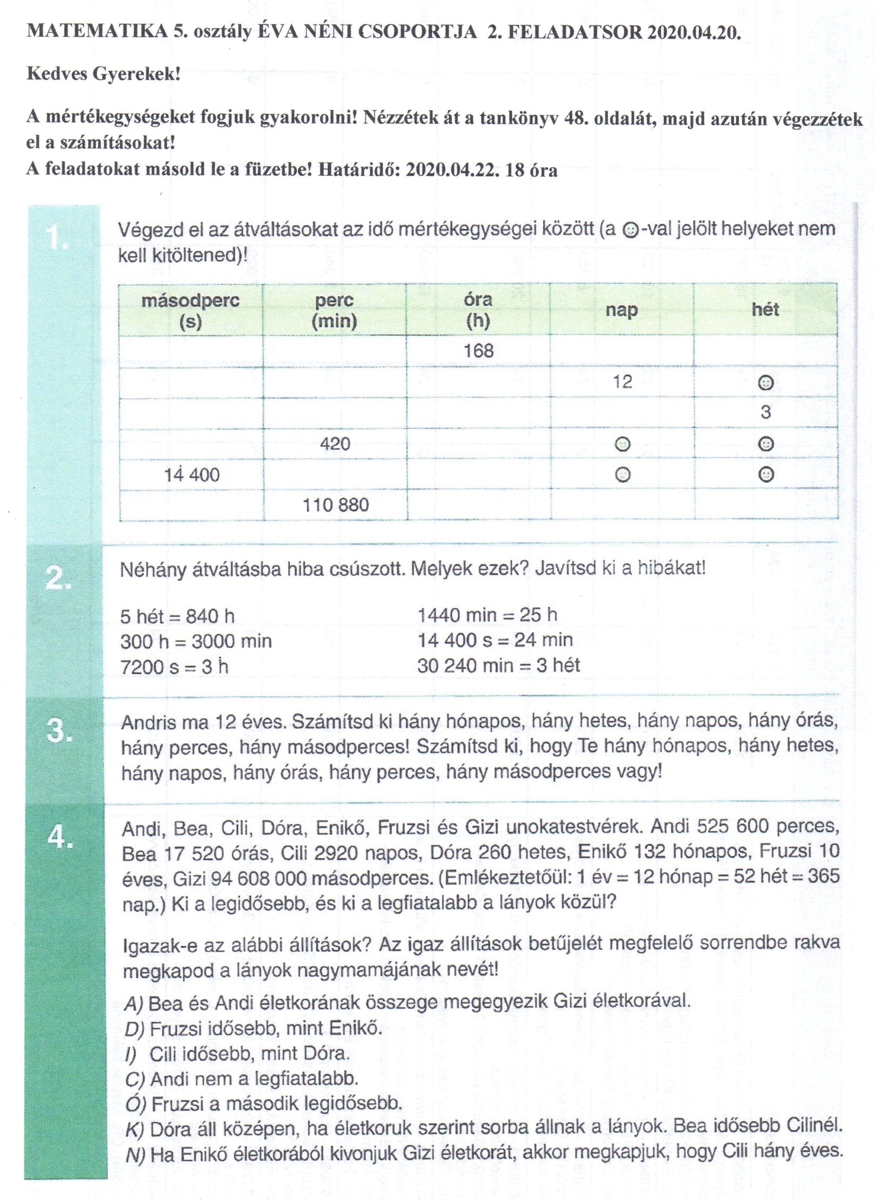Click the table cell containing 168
click(x=478, y=351)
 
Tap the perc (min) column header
click(x=334, y=311)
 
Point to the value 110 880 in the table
click(x=335, y=505)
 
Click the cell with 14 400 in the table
click(x=192, y=475)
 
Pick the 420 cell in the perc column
click(x=335, y=444)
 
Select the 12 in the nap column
click(x=622, y=382)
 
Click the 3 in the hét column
click(x=765, y=413)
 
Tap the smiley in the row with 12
click(x=766, y=383)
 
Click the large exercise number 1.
click(x=57, y=238)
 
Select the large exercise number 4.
click(x=60, y=837)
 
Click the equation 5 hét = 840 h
click(x=177, y=616)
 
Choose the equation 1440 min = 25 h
click(x=487, y=615)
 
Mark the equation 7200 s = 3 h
click(x=175, y=667)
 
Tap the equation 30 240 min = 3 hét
click(x=499, y=665)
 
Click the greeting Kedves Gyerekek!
click(x=104, y=73)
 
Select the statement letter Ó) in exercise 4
click(x=135, y=1103)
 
